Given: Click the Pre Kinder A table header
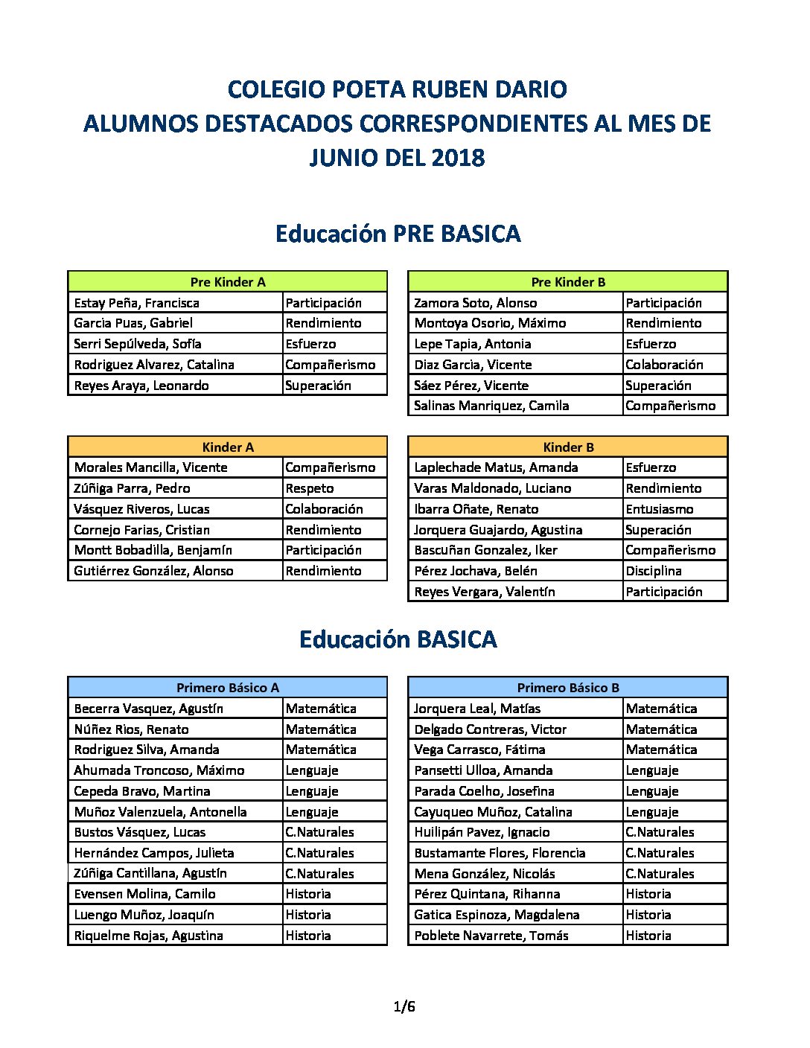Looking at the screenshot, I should point(228,282).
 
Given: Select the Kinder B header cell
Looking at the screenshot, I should point(568,447).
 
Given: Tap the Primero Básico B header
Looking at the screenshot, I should point(568,688).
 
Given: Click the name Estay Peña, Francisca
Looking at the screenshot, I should point(137,303).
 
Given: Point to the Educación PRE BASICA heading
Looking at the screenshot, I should point(398,234).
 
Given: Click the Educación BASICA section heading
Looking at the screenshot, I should point(398,639).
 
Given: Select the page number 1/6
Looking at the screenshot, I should point(404,1007).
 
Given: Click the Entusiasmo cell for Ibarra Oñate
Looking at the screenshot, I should point(659,509).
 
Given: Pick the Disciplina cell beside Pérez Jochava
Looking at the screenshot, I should point(653,571).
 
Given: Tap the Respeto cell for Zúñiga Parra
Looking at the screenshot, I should point(310,488).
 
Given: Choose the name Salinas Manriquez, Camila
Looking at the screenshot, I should point(491,406).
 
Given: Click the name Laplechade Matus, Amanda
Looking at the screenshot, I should point(496,467).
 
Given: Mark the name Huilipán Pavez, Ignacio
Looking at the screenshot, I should point(482,832).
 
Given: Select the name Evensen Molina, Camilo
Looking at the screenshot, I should point(144,894).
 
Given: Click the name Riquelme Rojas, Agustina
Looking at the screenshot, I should point(148,936).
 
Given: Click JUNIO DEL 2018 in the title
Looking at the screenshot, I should point(398,158).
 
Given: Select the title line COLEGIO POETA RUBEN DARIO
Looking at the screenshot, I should point(398,89).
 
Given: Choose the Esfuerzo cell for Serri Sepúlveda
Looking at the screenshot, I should point(310,344).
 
